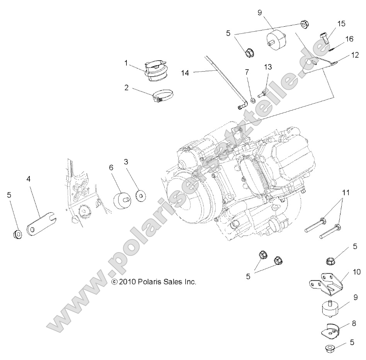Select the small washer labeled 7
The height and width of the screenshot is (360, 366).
click(252, 101)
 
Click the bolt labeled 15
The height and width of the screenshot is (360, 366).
click(324, 38)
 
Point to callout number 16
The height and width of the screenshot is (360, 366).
click(349, 39)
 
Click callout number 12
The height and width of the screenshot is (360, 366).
click(355, 56)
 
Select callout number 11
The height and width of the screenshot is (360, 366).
click(346, 192)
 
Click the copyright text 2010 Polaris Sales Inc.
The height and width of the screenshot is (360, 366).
click(154, 282)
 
